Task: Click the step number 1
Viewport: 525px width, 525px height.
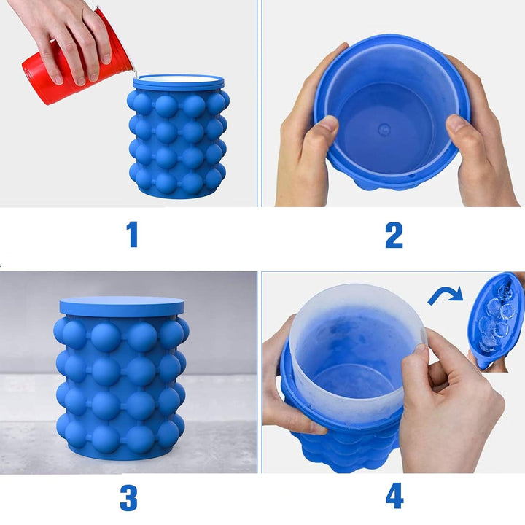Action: coord(133,234)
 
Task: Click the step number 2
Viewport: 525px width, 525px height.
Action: coord(394,235)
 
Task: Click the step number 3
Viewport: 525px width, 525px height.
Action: coord(128,498)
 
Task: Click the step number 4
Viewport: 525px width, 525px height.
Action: coord(394,495)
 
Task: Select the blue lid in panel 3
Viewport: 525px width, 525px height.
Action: coord(122,306)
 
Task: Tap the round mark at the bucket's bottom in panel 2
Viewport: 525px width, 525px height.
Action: coord(384,128)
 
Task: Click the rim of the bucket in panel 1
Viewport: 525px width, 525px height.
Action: coord(179,82)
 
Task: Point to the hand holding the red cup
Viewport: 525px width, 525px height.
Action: coord(67,37)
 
